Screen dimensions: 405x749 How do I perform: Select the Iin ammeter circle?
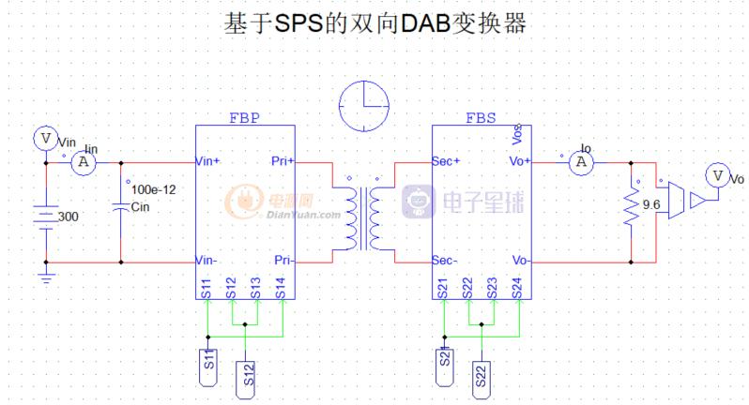coord(83,161)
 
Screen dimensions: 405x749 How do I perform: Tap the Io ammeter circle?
coord(582,161)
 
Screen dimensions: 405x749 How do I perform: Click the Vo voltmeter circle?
coord(717,175)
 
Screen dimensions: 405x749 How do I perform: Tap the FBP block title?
coord(244,119)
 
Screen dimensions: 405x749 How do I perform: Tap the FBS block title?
coord(481,119)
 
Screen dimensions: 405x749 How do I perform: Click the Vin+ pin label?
coord(207,161)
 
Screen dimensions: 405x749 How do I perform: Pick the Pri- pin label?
coord(283,260)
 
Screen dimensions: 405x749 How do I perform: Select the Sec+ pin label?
coord(446,161)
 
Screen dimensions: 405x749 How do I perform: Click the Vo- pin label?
coord(520,260)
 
